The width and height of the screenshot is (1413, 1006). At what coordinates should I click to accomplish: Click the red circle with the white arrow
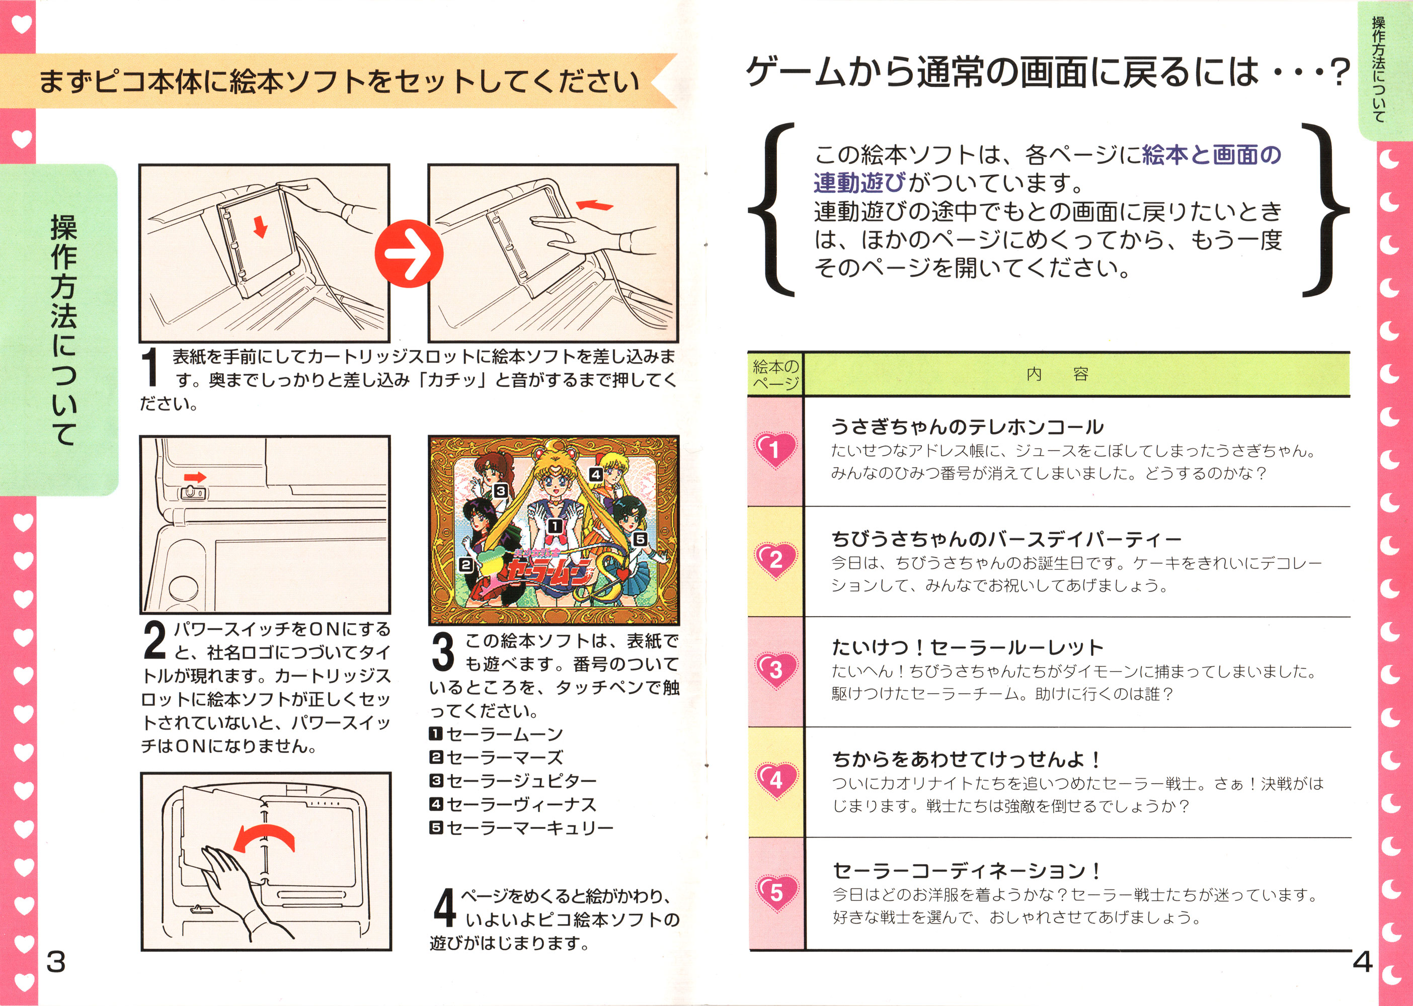[409, 254]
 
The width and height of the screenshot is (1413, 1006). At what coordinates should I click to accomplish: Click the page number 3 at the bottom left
[56, 962]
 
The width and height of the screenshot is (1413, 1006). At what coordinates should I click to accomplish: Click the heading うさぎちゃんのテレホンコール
[967, 427]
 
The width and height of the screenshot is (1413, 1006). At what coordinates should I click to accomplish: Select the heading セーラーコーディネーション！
[966, 871]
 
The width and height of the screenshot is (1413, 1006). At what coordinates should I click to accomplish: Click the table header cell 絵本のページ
[775, 375]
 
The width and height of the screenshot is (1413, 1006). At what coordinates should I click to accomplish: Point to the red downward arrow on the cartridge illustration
[260, 227]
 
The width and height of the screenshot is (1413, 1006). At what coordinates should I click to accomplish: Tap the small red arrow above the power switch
[195, 477]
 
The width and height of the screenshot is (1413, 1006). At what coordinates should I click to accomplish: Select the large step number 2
[154, 640]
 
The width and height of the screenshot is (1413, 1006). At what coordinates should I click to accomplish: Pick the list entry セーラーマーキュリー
[522, 827]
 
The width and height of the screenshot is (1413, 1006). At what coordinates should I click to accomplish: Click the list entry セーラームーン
[496, 734]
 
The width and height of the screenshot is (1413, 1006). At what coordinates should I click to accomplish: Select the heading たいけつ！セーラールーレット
[967, 648]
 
